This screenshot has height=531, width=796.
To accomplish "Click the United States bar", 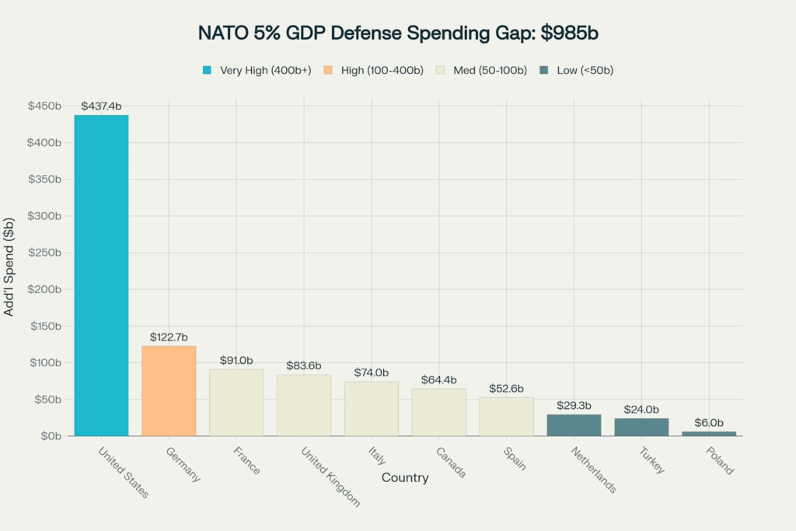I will [101, 275].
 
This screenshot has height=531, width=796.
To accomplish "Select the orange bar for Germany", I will [169, 390].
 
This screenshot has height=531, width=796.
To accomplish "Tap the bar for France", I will [236, 402].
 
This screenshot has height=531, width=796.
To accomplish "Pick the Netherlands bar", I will [574, 424].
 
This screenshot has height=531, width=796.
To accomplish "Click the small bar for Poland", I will [709, 433].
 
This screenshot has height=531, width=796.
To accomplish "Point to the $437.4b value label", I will [101, 107].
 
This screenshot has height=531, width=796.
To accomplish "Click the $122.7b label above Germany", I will [169, 337].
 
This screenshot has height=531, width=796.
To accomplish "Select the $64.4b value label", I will [438, 380].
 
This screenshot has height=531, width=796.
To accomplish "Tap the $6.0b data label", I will [709, 423].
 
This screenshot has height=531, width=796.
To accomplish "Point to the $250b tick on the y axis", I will [46, 253].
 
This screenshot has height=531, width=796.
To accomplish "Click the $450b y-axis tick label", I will [46, 106].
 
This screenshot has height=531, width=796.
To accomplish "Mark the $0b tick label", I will [51, 436].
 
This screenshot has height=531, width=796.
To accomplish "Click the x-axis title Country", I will [405, 477].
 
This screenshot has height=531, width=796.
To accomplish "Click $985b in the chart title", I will [570, 33].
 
